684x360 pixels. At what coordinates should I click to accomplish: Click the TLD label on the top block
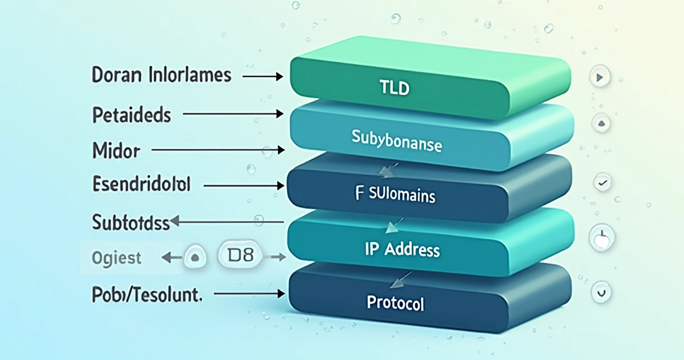click(394, 88)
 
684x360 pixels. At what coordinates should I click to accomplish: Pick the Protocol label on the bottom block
click(395, 303)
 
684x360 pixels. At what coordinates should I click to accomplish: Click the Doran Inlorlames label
click(162, 75)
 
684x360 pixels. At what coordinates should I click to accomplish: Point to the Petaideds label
click(131, 115)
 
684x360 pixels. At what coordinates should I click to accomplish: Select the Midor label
click(116, 151)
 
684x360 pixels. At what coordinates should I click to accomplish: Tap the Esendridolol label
click(141, 184)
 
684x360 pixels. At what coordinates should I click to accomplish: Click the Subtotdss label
click(130, 223)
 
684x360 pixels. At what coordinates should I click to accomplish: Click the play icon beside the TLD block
click(600, 76)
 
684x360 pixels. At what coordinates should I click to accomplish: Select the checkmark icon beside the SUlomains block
click(602, 182)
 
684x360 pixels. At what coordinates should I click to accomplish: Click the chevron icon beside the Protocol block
click(600, 292)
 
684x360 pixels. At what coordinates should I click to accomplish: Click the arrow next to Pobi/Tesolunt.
click(250, 294)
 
